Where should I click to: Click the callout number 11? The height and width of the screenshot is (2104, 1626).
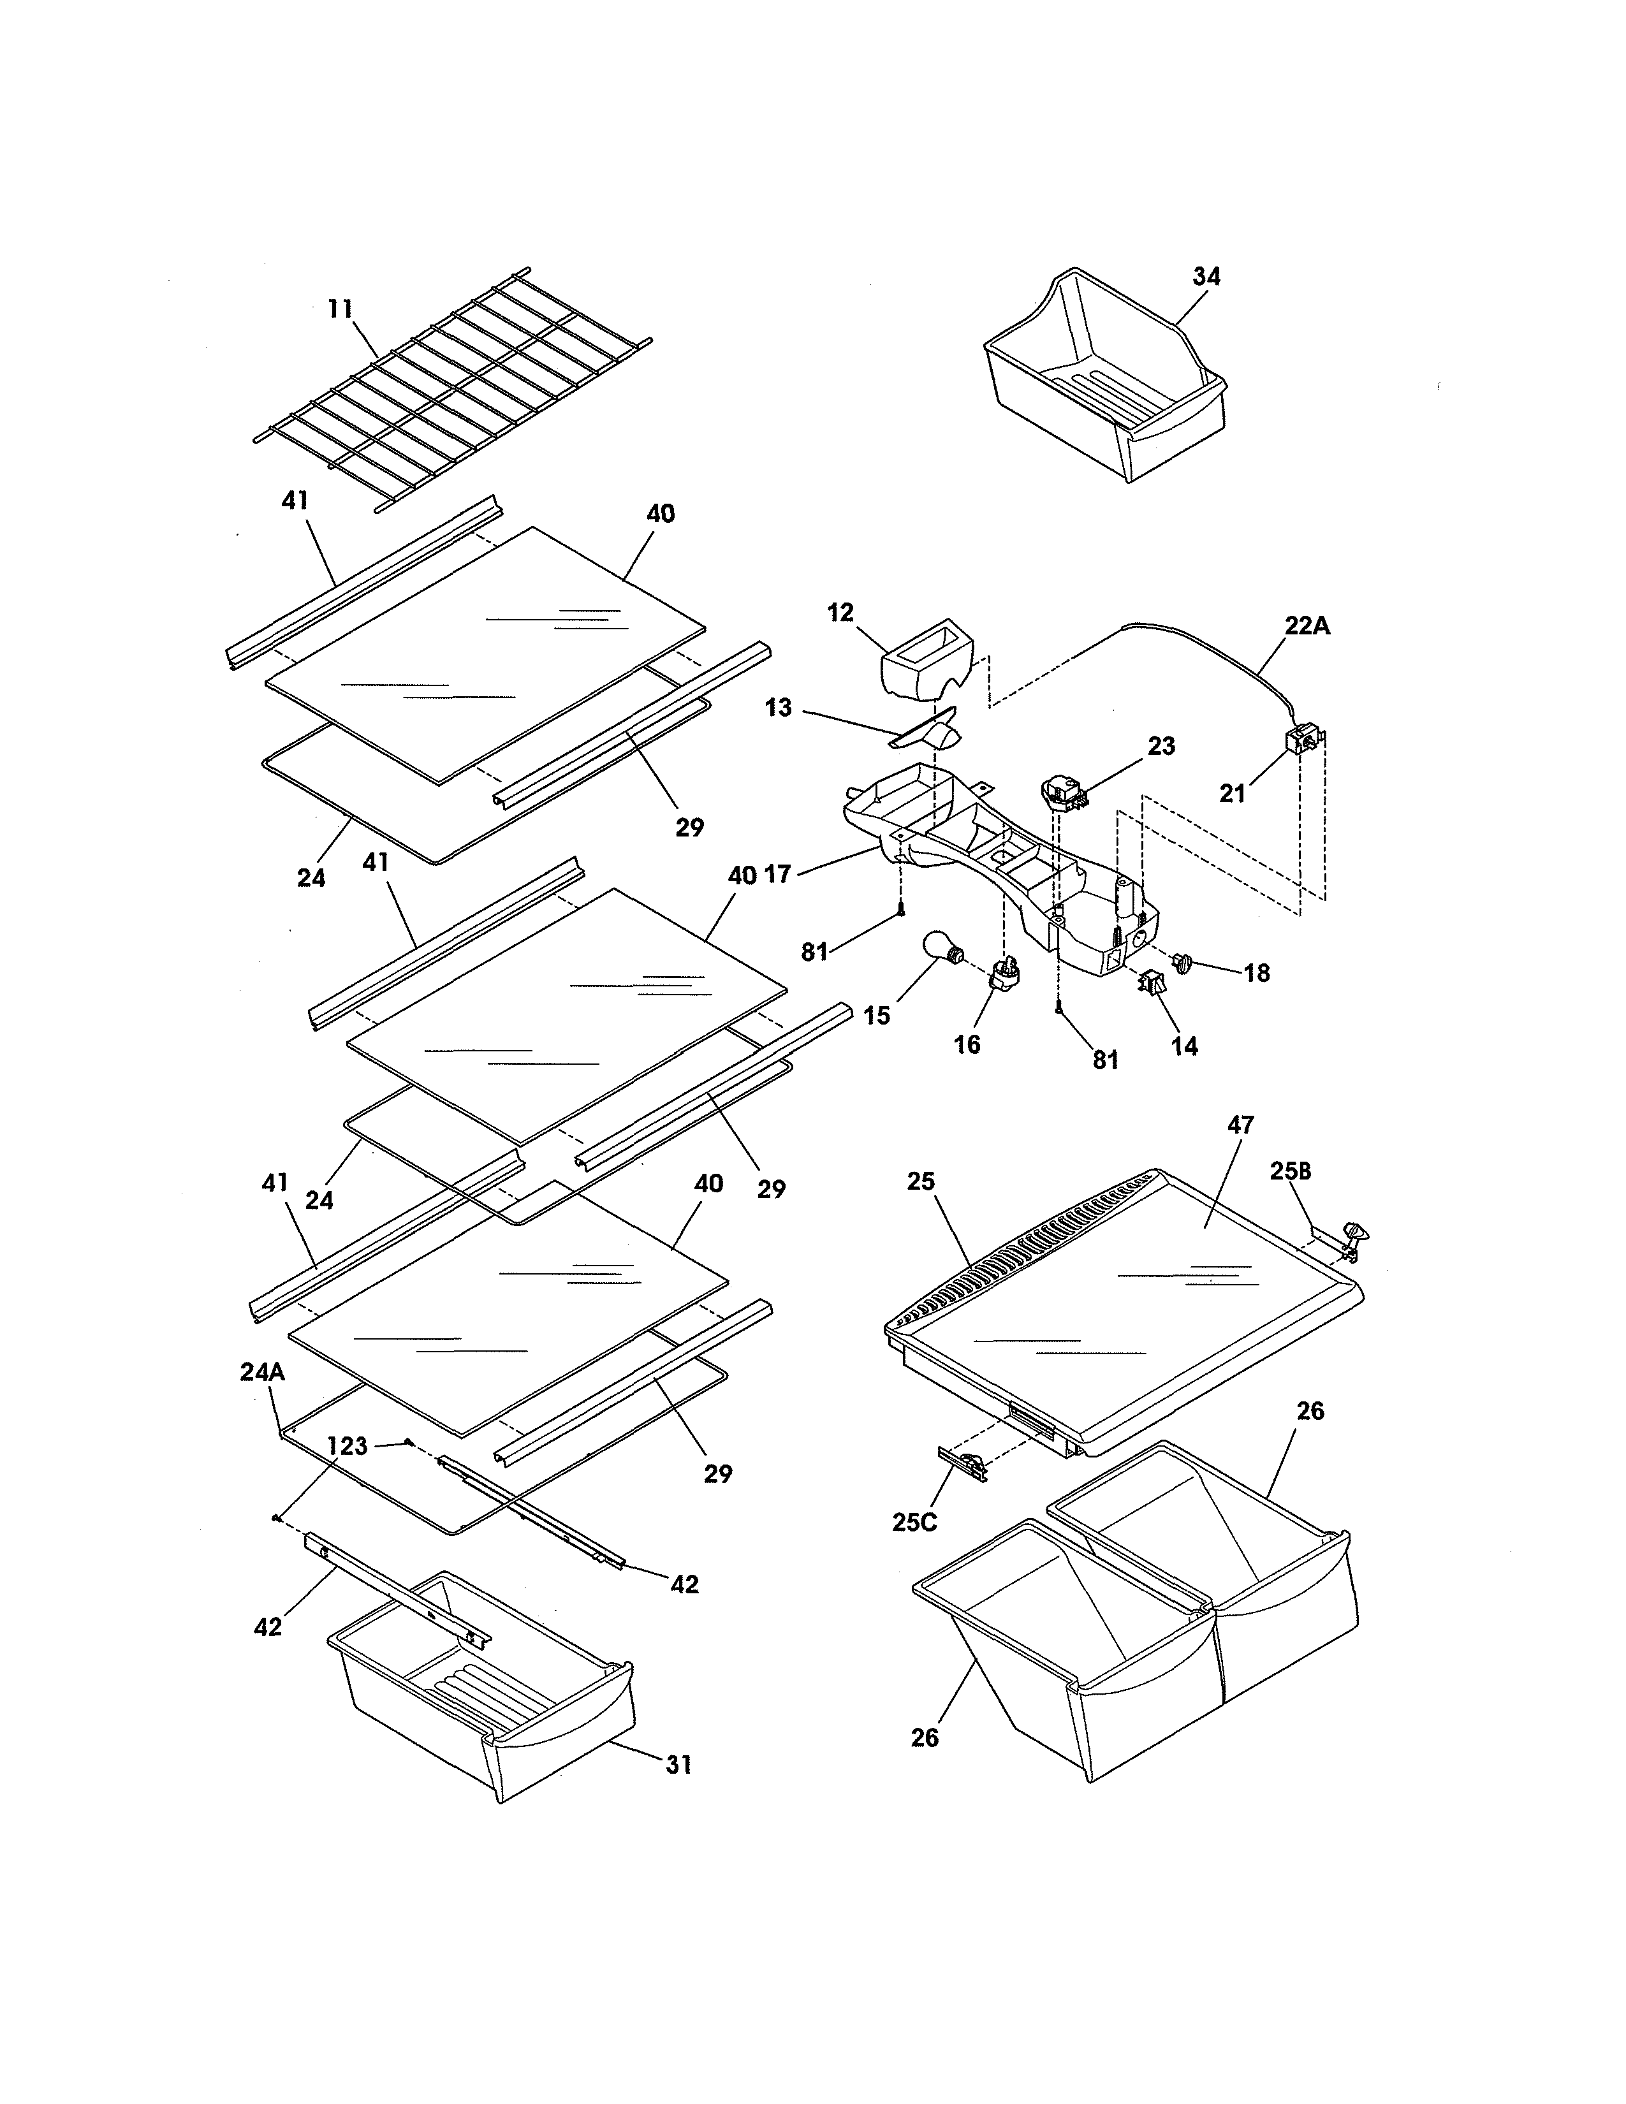click(340, 309)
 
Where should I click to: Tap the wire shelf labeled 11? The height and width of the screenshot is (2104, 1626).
click(453, 390)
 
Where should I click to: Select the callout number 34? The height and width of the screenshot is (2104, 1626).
click(1206, 277)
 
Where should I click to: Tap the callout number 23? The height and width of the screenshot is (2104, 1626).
click(1161, 747)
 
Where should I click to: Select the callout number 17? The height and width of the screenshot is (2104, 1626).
click(777, 875)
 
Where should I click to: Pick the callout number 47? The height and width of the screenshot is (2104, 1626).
click(1241, 1125)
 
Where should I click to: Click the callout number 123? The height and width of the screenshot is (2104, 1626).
click(347, 1446)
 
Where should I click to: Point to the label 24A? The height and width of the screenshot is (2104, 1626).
click(262, 1373)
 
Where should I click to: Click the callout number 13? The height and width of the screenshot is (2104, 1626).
click(779, 708)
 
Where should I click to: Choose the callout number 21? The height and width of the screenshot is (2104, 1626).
click(1232, 794)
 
